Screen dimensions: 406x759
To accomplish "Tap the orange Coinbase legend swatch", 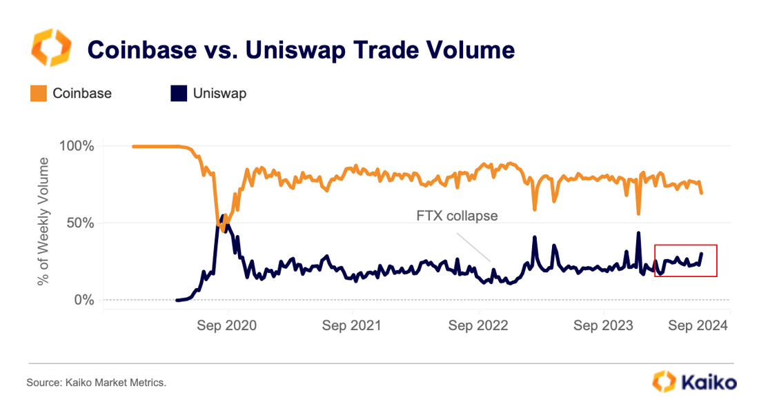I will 38,94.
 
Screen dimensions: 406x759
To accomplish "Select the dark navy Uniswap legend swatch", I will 179,94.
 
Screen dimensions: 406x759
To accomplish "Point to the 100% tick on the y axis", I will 78,146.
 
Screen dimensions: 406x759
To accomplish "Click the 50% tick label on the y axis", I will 81,223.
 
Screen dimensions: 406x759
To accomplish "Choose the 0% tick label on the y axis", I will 85,300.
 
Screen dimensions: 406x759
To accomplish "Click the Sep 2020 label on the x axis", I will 226,325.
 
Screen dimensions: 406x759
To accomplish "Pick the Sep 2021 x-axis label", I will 352,325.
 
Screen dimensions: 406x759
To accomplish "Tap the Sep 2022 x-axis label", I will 478,325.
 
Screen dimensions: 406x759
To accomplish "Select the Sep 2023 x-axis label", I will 604,325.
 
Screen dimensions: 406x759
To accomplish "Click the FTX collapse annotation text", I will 457,216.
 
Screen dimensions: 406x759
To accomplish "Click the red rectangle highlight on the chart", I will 686,261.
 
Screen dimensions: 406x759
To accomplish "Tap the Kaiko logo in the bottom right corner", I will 694,381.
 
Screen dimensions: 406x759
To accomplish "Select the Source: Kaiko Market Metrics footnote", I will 97,382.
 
